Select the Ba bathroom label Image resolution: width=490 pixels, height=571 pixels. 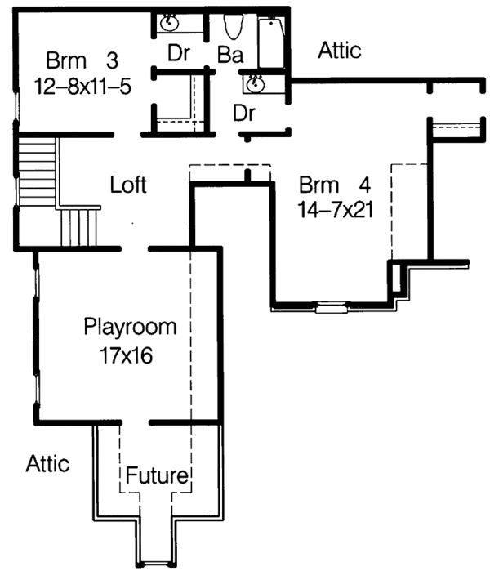[228, 54]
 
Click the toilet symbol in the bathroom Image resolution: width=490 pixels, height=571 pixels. [232, 27]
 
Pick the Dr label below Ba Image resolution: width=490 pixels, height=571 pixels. [243, 112]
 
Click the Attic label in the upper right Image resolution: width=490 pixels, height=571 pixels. [339, 51]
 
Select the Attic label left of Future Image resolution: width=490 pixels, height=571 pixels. [47, 463]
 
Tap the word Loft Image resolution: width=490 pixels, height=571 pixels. [128, 185]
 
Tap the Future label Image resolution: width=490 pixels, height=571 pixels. [158, 475]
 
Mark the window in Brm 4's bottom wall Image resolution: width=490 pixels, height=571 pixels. [330, 309]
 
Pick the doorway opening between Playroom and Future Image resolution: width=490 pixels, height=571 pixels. [136, 423]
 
